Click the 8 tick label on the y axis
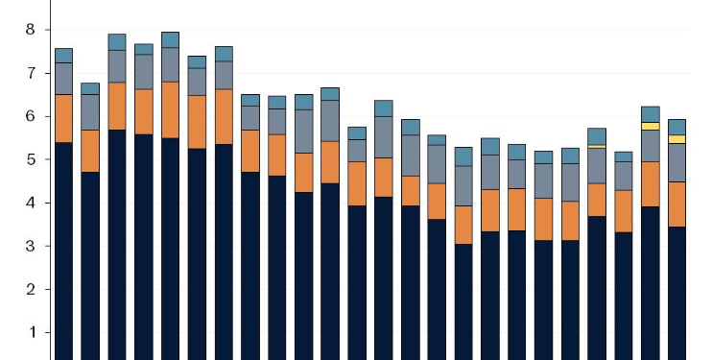tap(30, 30)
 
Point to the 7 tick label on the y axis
tap(30, 73)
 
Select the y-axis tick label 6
tap(30, 116)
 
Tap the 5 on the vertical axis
tap(30, 159)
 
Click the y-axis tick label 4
tap(30, 203)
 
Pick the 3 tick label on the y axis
tap(30, 246)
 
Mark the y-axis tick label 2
tap(30, 289)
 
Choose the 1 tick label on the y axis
tap(30, 332)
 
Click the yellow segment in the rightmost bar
tap(676, 139)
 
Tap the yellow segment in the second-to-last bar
tap(650, 126)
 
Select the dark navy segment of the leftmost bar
tap(64, 250)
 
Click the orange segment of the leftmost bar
tap(64, 118)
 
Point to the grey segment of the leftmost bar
tap(64, 78)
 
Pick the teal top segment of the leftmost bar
tap(64, 55)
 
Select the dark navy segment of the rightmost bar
tap(676, 293)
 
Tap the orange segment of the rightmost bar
tap(676, 204)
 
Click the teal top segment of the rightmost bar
tap(676, 127)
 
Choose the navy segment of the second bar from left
tap(90, 265)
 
